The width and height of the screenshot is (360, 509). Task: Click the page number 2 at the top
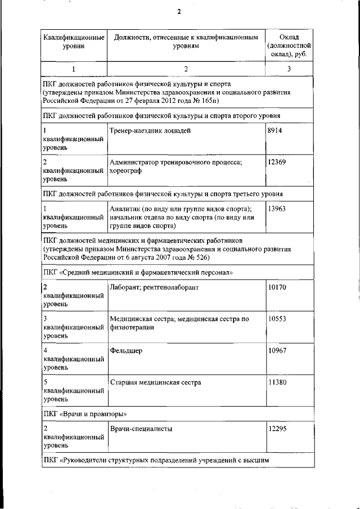[x=179, y=11]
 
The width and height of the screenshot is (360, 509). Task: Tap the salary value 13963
[x=277, y=209]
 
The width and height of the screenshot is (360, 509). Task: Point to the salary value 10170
[x=277, y=287]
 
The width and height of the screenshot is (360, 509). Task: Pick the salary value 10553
[x=277, y=319]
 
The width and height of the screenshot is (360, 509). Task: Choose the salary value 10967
[x=277, y=350]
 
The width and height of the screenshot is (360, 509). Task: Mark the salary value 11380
[x=277, y=382]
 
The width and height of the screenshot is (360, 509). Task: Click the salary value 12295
[x=277, y=429]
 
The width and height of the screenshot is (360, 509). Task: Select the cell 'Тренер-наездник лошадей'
[x=150, y=130]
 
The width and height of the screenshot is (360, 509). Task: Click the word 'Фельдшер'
[x=127, y=351]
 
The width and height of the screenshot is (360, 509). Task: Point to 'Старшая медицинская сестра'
[x=156, y=382]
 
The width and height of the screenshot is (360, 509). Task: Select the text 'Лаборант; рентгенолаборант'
[x=155, y=287]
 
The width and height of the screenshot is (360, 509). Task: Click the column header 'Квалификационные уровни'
[x=74, y=42]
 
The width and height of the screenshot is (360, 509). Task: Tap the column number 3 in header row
[x=289, y=69]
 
